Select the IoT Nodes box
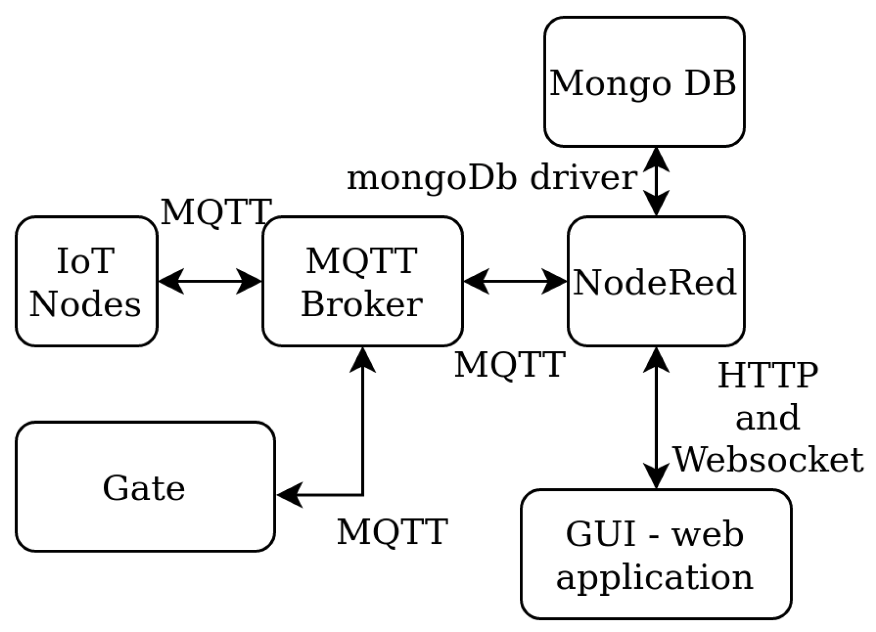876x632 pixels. [x=86, y=281]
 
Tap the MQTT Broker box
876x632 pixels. [x=362, y=281]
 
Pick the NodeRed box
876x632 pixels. [x=656, y=282]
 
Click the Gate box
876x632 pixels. [x=145, y=487]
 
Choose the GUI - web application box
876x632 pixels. [x=656, y=554]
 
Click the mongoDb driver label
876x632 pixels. [x=492, y=177]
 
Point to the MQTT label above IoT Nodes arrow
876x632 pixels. [x=215, y=212]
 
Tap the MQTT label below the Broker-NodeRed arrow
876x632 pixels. [x=509, y=364]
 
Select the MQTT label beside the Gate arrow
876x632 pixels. [x=393, y=531]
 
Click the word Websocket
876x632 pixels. [x=768, y=460]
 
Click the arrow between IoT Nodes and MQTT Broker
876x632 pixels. [x=210, y=281]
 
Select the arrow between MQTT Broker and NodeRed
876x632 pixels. [x=515, y=281]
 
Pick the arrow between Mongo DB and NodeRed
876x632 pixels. [x=656, y=182]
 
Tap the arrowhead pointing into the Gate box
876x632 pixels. [x=289, y=495]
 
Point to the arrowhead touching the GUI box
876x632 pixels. [x=656, y=477]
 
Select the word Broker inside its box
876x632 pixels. [x=362, y=304]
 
